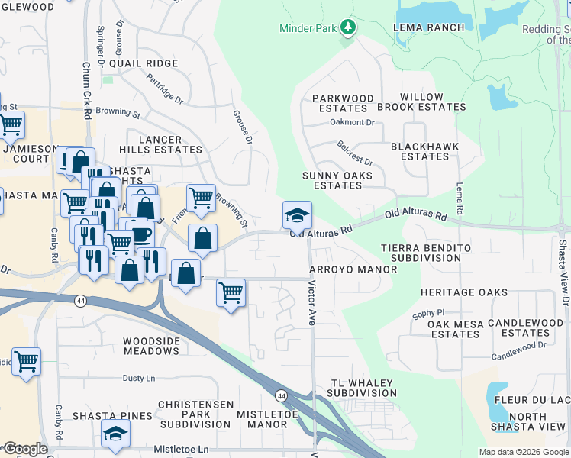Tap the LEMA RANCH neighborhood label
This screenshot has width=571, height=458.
pos(428,27)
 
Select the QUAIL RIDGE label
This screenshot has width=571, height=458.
pos(143,63)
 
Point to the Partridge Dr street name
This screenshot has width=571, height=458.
pos(165,89)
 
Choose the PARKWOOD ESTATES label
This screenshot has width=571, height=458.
pos(344,103)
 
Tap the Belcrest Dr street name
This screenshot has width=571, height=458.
pos(355,153)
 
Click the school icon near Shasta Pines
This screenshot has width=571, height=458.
pos(115,434)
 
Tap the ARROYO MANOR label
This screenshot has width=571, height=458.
pos(353,269)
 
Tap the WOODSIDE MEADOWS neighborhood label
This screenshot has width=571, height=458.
pos(151,345)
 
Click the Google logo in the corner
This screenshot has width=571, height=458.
pos(25,449)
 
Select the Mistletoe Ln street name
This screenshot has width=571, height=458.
pos(181,450)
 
